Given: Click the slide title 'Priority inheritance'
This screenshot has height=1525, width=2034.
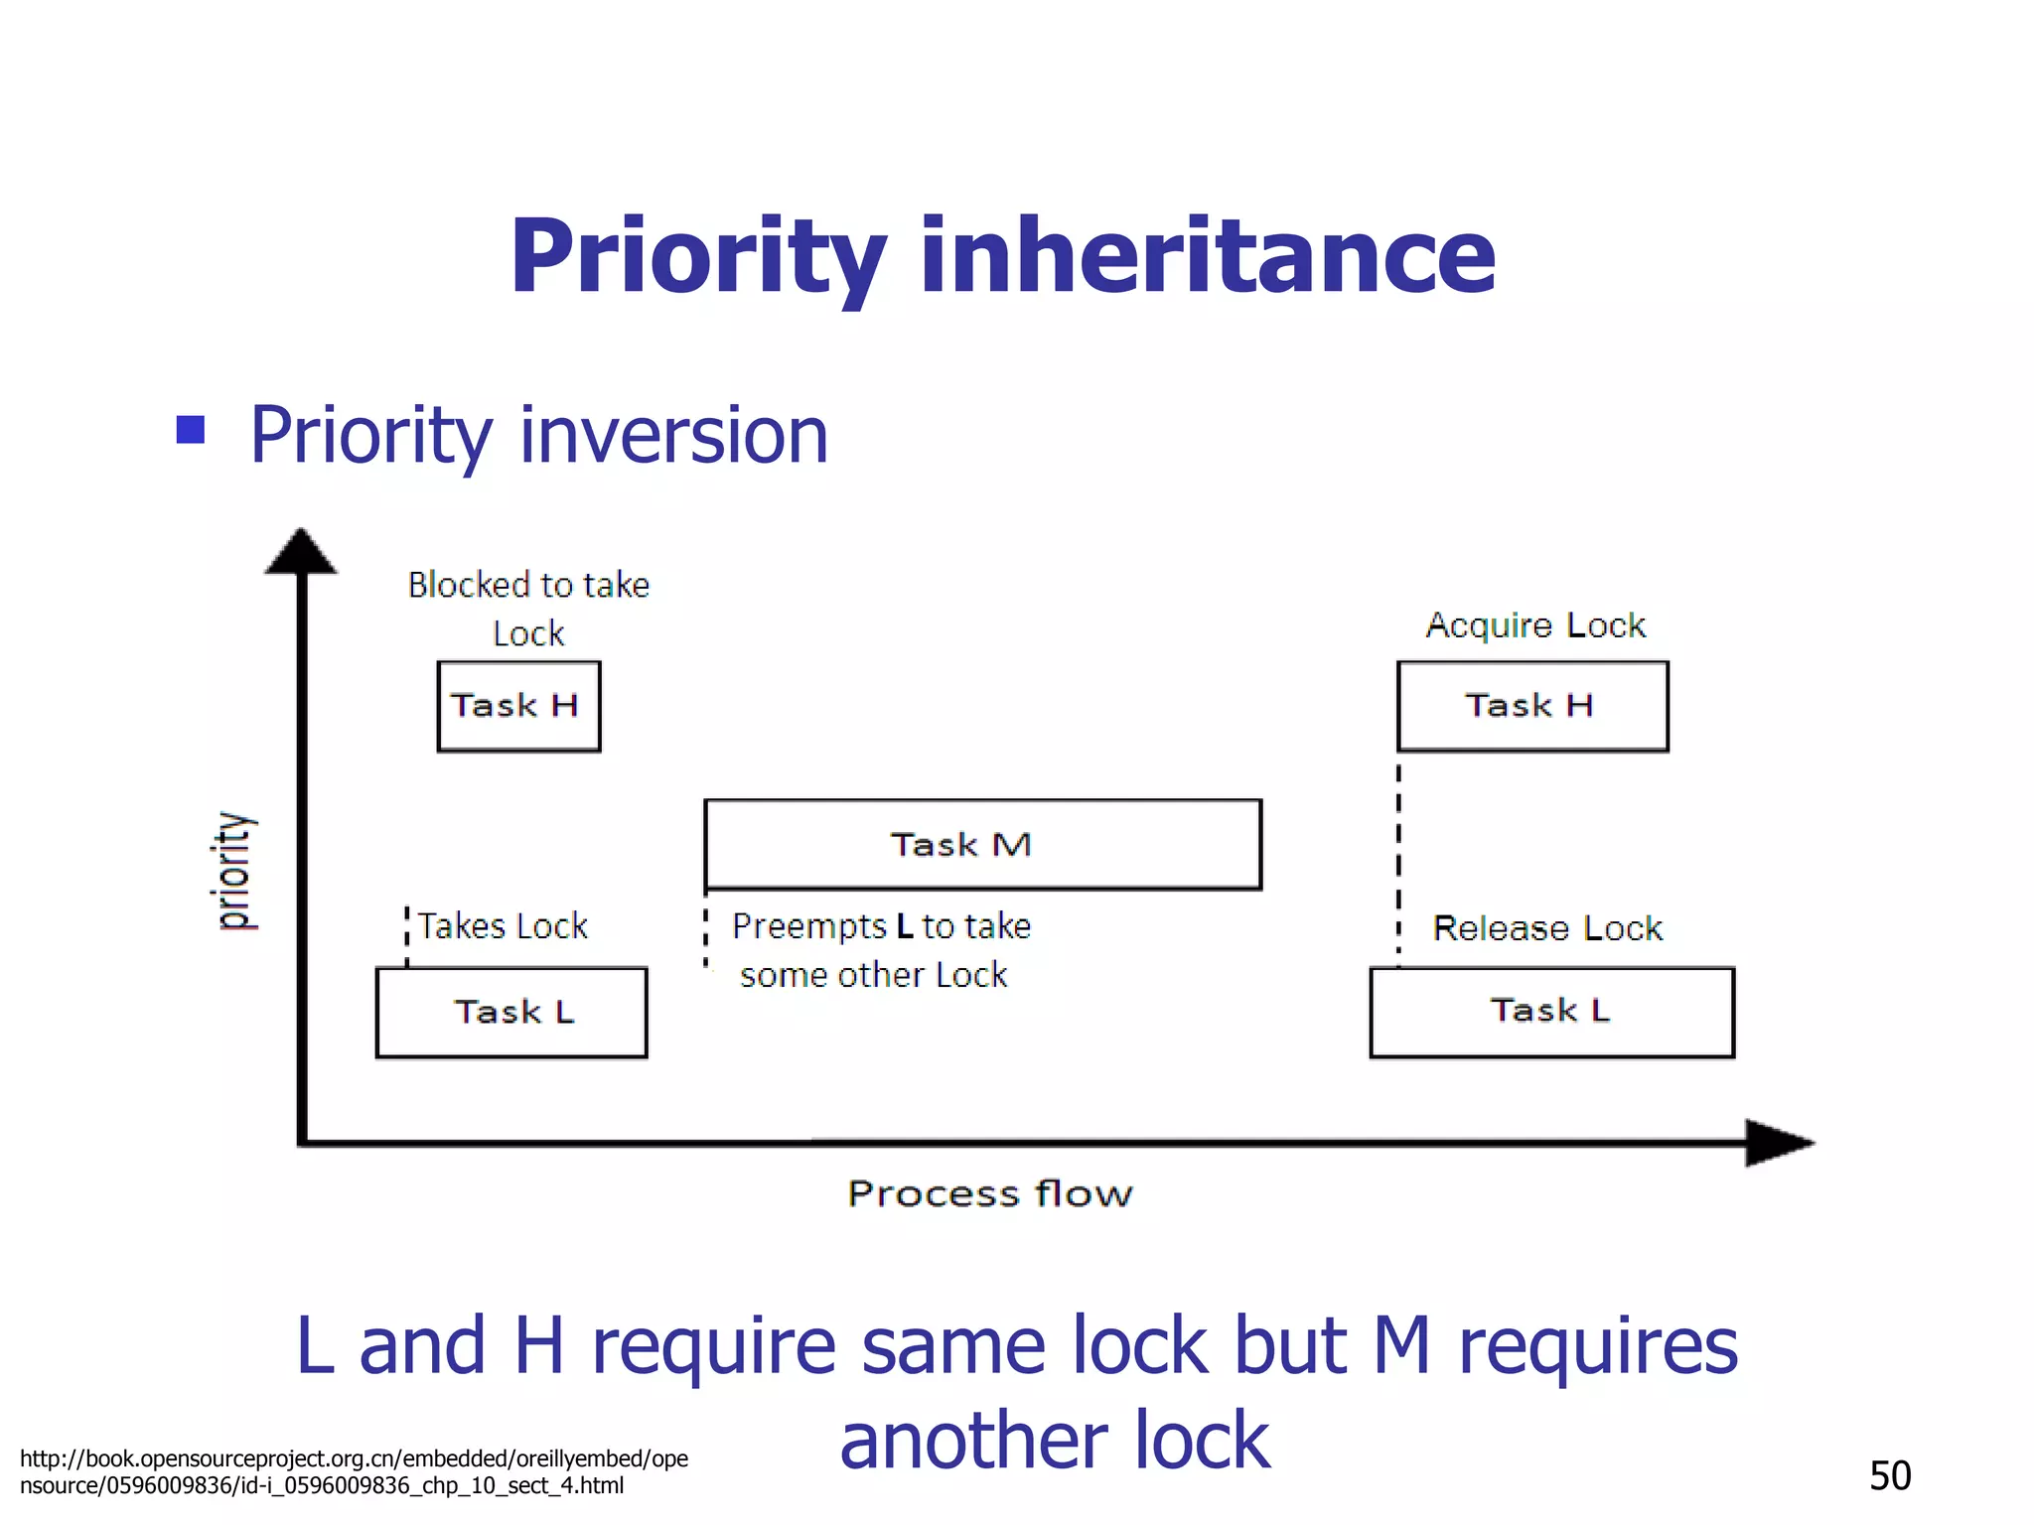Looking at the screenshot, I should (1002, 258).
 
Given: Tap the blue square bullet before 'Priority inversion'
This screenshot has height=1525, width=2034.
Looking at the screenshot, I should (190, 430).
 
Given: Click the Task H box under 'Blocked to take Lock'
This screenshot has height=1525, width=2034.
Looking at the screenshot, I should (518, 706).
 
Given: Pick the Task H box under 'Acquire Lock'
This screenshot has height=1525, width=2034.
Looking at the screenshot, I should (1531, 706).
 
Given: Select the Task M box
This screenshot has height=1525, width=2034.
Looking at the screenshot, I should (982, 844).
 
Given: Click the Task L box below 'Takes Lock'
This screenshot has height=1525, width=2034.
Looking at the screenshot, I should (511, 1012).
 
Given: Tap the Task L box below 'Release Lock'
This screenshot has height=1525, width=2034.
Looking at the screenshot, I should (1551, 1012).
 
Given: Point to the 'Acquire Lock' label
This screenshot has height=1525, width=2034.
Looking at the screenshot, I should (1535, 625).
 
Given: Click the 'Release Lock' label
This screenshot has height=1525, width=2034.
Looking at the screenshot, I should (1546, 928).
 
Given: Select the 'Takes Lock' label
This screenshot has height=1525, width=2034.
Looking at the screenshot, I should (503, 926).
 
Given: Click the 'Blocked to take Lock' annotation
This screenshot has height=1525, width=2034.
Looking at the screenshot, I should (528, 608).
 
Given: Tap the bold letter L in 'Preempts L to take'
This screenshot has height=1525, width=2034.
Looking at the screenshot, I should (904, 926).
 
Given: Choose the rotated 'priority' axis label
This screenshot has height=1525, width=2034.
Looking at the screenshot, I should (234, 871).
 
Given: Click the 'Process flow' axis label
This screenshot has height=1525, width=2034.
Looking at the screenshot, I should (989, 1192).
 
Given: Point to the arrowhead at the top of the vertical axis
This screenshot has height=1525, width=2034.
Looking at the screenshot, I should (301, 552).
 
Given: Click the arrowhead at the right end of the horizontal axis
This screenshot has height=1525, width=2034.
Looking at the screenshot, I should (1778, 1143).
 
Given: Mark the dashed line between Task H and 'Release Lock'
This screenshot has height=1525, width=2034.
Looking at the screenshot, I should (1398, 859).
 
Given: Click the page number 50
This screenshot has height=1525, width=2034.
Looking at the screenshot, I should (1889, 1475).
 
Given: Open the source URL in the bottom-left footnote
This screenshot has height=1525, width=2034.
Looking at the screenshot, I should (354, 1471).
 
